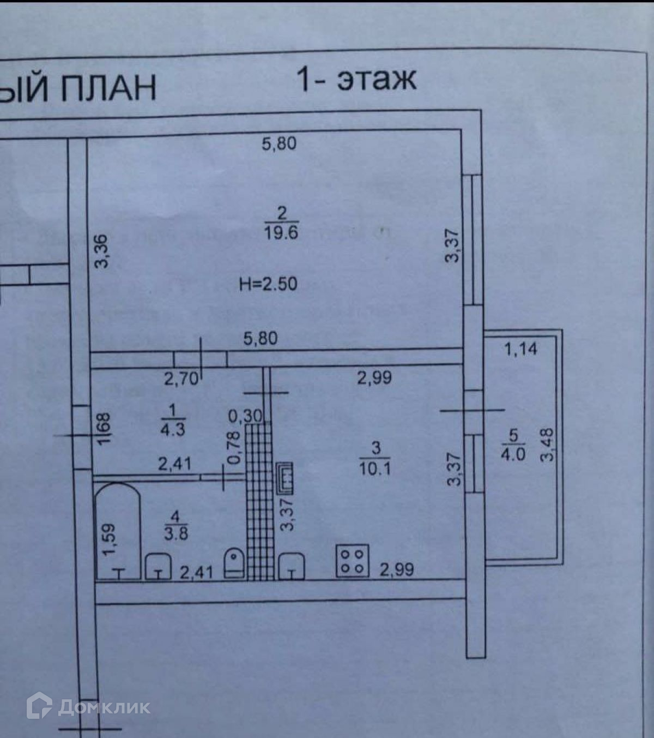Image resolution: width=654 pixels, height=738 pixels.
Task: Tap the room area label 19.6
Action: click(281, 233)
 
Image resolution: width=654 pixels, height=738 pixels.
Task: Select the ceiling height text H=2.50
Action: click(268, 284)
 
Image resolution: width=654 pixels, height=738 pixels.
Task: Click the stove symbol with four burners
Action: click(353, 561)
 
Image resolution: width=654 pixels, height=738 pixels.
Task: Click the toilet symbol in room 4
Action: click(235, 562)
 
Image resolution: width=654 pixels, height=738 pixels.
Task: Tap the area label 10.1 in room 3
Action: click(375, 468)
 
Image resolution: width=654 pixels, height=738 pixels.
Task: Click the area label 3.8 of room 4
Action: click(175, 532)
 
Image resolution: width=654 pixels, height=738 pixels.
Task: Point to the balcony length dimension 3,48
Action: click(547, 445)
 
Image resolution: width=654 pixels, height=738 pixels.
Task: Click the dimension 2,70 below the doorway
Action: click(181, 378)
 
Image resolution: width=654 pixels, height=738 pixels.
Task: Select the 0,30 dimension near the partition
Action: click(245, 416)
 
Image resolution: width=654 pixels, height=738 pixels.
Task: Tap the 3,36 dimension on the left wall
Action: click(102, 251)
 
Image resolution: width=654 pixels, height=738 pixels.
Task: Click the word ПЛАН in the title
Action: click(108, 88)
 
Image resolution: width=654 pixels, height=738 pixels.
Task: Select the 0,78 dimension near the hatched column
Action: click(234, 447)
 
